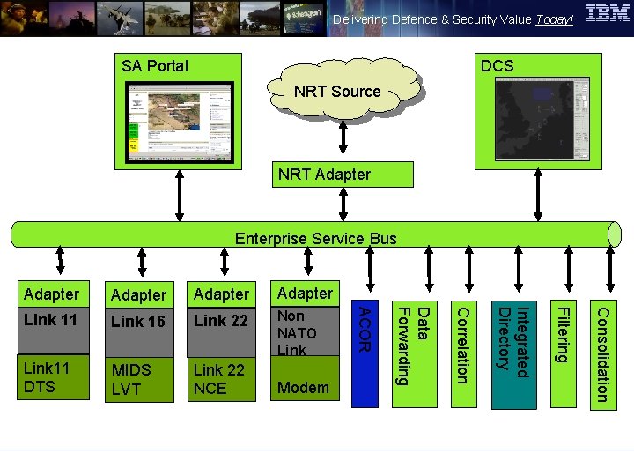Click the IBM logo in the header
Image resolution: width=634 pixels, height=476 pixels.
pyautogui.click(x=608, y=15)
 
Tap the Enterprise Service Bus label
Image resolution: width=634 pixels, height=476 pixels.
pyautogui.click(x=315, y=238)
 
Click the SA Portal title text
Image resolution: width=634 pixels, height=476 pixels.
pyautogui.click(x=155, y=66)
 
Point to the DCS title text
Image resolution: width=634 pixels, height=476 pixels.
pyautogui.click(x=497, y=66)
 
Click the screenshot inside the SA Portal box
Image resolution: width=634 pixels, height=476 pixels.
pyautogui.click(x=180, y=123)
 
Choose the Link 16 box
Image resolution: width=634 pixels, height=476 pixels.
pyautogui.click(x=138, y=322)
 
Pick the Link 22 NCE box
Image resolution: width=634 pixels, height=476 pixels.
pyautogui.click(x=221, y=380)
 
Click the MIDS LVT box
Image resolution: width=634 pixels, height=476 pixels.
pyautogui.click(x=138, y=380)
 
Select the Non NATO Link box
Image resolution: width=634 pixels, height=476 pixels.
pyautogui.click(x=305, y=332)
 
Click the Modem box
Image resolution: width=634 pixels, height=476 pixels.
pyautogui.click(x=305, y=387)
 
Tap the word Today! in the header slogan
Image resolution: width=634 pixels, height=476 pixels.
pyautogui.click(x=554, y=19)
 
